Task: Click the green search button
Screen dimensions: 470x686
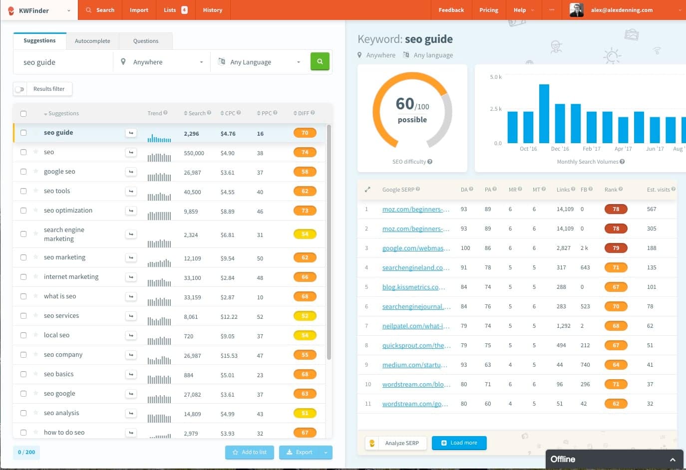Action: click(320, 62)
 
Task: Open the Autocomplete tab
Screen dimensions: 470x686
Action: click(92, 41)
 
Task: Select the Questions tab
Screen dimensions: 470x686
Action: click(145, 41)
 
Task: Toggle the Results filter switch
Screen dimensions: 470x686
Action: click(20, 89)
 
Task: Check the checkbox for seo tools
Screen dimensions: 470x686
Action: click(23, 191)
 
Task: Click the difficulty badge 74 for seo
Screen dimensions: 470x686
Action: click(305, 152)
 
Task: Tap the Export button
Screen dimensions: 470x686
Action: click(300, 453)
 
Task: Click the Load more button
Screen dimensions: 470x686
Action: click(459, 443)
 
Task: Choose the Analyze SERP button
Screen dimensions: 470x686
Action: click(401, 443)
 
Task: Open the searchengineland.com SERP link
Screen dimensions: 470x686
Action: click(416, 268)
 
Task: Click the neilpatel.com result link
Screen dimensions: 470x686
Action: click(416, 326)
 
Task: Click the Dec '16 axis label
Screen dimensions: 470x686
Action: click(560, 149)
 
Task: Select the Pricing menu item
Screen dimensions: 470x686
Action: click(488, 10)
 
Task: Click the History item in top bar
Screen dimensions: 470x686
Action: click(212, 10)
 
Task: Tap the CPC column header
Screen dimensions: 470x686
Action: click(230, 113)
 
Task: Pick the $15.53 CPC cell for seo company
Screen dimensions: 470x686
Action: click(229, 356)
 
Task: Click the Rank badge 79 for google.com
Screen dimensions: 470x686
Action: click(616, 248)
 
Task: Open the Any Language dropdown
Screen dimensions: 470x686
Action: click(260, 62)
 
